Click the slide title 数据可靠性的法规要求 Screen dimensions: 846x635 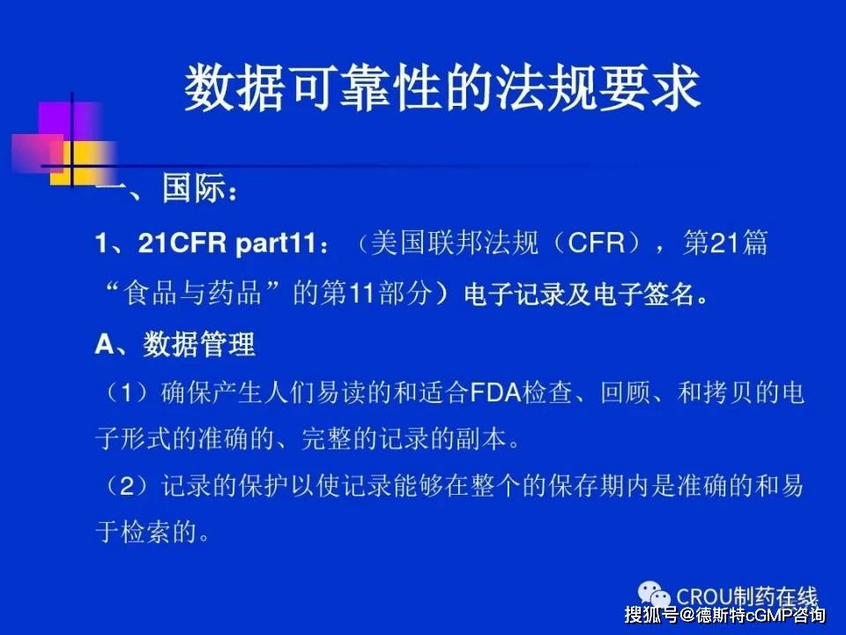(x=442, y=88)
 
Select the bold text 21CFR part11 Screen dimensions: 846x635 (x=226, y=243)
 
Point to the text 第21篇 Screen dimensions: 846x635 (x=725, y=243)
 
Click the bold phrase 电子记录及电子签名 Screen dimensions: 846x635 (x=580, y=295)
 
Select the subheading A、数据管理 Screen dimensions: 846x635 (x=174, y=344)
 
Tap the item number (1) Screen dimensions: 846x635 (x=126, y=392)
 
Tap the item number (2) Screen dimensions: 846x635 (x=126, y=486)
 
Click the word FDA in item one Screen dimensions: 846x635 (x=495, y=392)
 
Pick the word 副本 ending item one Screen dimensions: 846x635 (x=482, y=438)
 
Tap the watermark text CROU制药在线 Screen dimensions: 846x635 (x=747, y=597)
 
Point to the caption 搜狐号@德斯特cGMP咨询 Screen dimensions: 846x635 (x=725, y=615)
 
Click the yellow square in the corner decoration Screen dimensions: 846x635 (x=81, y=163)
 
